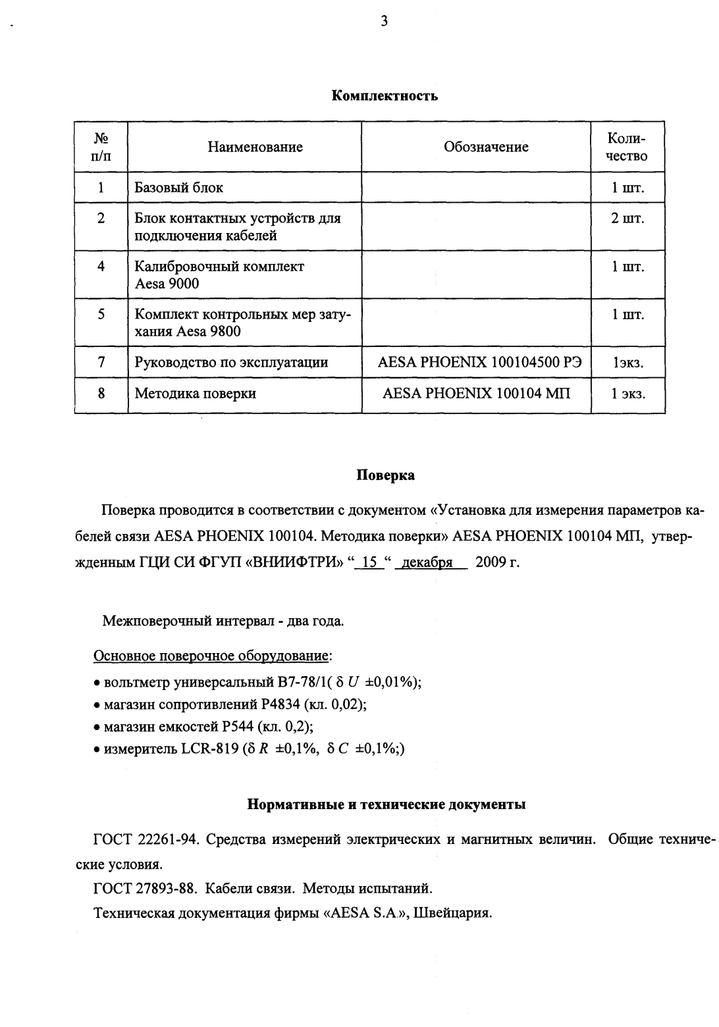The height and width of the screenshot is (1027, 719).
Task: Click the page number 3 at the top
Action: coord(384,21)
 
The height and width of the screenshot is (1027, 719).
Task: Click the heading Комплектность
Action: coord(385,96)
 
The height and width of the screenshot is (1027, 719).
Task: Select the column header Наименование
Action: coord(255,147)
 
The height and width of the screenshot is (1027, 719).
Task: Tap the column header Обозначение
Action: coord(486,147)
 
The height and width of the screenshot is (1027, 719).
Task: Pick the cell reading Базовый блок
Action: coord(179,188)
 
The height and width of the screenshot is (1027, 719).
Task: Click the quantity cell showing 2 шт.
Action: coord(627,218)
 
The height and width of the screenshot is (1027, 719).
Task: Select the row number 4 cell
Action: coord(101,267)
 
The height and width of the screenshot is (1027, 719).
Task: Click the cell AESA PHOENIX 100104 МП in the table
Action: coord(477,394)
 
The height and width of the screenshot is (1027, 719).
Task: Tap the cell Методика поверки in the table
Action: coord(196,394)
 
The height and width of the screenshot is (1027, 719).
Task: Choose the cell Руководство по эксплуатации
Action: coord(231,362)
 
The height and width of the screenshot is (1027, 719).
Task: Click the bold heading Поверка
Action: coord(385,475)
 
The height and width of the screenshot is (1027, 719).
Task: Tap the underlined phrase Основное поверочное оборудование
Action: coord(211,656)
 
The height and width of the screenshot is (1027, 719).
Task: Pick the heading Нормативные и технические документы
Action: coord(386,804)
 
